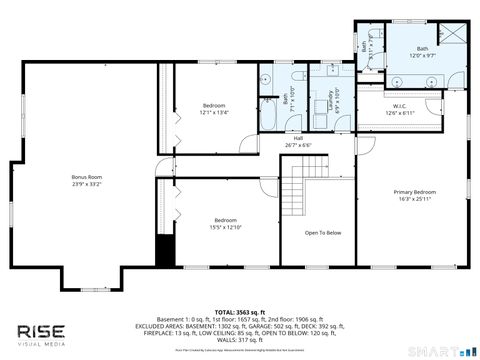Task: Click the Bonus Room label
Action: click(87, 177)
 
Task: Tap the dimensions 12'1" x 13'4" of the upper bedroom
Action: click(214, 113)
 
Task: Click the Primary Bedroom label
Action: click(414, 192)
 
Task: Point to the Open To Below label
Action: click(323, 233)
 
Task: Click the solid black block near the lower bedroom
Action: click(165, 251)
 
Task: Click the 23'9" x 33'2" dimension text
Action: click(87, 184)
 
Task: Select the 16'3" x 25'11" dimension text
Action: click(414, 199)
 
